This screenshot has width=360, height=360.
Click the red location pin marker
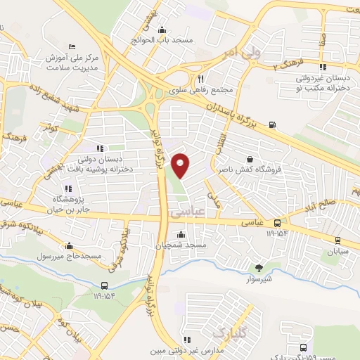click(181, 166)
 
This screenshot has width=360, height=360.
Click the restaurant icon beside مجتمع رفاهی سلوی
click(201, 79)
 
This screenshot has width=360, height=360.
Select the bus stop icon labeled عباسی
click(278, 222)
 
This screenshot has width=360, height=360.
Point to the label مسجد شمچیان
click(182, 245)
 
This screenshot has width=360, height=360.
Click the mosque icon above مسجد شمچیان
click(182, 234)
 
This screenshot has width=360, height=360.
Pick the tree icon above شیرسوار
click(259, 267)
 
